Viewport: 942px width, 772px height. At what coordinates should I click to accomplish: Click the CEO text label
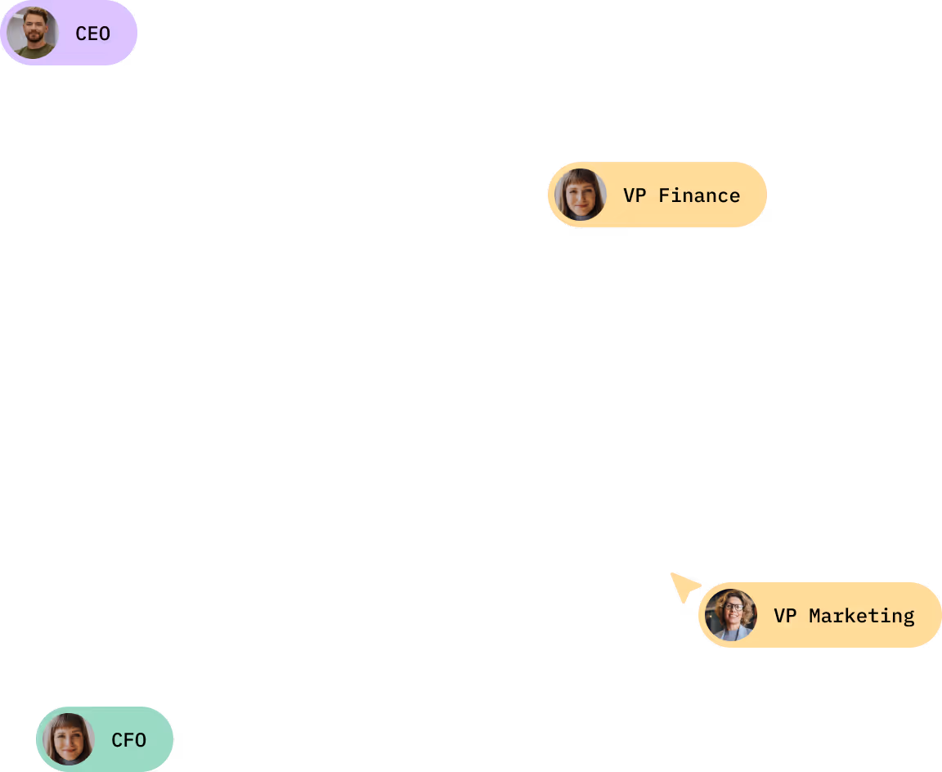(92, 34)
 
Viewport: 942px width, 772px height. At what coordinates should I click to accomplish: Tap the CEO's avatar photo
(33, 33)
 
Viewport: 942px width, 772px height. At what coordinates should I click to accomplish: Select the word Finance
(699, 195)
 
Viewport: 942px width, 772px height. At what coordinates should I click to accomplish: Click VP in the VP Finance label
(634, 195)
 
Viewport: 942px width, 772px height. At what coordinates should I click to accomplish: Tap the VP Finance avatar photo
(581, 195)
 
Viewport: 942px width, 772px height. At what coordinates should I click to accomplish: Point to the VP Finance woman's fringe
(581, 180)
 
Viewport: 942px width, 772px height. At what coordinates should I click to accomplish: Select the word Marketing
(861, 616)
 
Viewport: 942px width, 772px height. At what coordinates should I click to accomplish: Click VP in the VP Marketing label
(784, 616)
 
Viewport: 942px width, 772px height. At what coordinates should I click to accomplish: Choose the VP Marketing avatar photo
(731, 615)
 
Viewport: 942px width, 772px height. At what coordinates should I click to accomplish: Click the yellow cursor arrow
(683, 586)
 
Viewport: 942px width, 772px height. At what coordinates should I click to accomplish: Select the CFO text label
(128, 740)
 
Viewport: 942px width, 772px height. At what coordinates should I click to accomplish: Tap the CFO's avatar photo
(69, 739)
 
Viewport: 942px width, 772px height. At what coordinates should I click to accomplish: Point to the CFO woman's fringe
(69, 725)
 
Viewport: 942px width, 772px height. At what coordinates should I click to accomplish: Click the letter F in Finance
(665, 195)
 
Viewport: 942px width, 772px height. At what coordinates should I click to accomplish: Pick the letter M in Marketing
(815, 616)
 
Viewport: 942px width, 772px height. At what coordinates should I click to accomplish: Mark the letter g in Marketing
(908, 617)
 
